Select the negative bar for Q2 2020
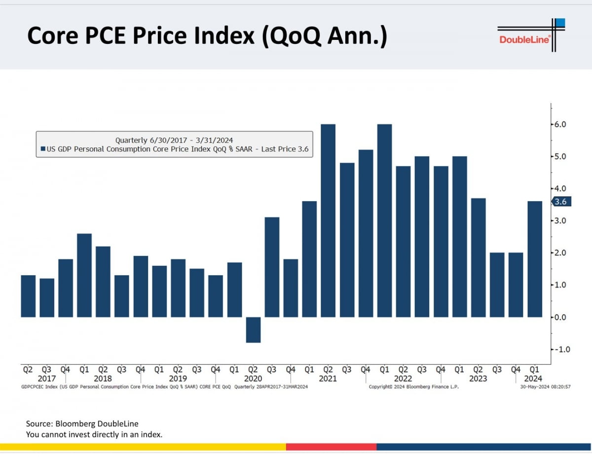pyautogui.click(x=253, y=329)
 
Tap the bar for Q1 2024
pyautogui.click(x=534, y=259)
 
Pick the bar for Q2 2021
pyautogui.click(x=328, y=220)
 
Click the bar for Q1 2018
pyautogui.click(x=84, y=275)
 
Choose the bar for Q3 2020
pyautogui.click(x=272, y=267)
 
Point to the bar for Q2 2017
pyautogui.click(x=28, y=296)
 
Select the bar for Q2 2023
pyautogui.click(x=478, y=257)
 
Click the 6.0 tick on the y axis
pyautogui.click(x=559, y=124)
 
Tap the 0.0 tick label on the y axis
pyautogui.click(x=559, y=317)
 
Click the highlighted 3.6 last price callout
pyautogui.click(x=560, y=202)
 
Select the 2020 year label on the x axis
pyautogui.click(x=253, y=379)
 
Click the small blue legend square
pyautogui.click(x=43, y=149)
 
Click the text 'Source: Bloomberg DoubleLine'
pyautogui.click(x=82, y=423)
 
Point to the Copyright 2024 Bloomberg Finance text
pyautogui.click(x=413, y=387)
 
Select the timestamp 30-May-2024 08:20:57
pyautogui.click(x=545, y=387)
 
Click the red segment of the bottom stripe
pyautogui.click(x=331, y=447)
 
